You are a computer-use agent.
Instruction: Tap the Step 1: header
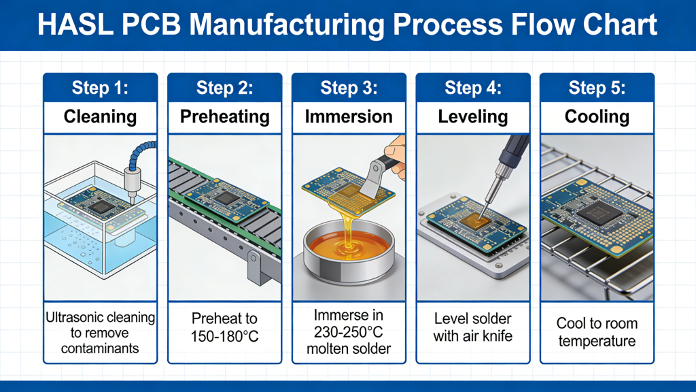point(100,88)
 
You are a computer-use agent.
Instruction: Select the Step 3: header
point(348,88)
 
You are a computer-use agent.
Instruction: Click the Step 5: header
point(596,88)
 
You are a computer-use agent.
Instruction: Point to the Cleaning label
point(100,116)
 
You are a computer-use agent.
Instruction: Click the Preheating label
point(224,116)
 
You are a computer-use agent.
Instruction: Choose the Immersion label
point(348,116)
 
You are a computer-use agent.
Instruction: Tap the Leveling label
point(472,116)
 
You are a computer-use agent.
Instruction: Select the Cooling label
point(596,116)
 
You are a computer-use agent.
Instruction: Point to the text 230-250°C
point(348,332)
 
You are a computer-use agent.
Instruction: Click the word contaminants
point(100,349)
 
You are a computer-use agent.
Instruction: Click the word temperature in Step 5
point(596,340)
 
